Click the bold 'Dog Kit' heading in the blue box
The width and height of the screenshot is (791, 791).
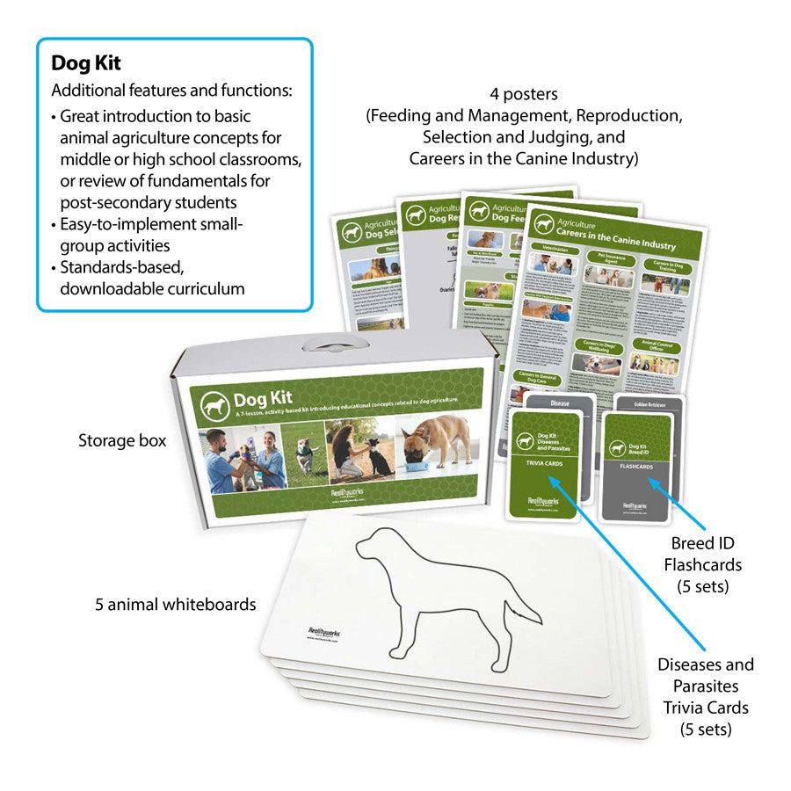tap(85, 63)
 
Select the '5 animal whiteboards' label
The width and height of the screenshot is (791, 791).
tap(176, 605)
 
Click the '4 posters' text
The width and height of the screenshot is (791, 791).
tap(524, 94)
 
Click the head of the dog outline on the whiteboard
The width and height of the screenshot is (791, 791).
tap(374, 550)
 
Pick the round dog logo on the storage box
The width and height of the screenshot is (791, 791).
tap(214, 405)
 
